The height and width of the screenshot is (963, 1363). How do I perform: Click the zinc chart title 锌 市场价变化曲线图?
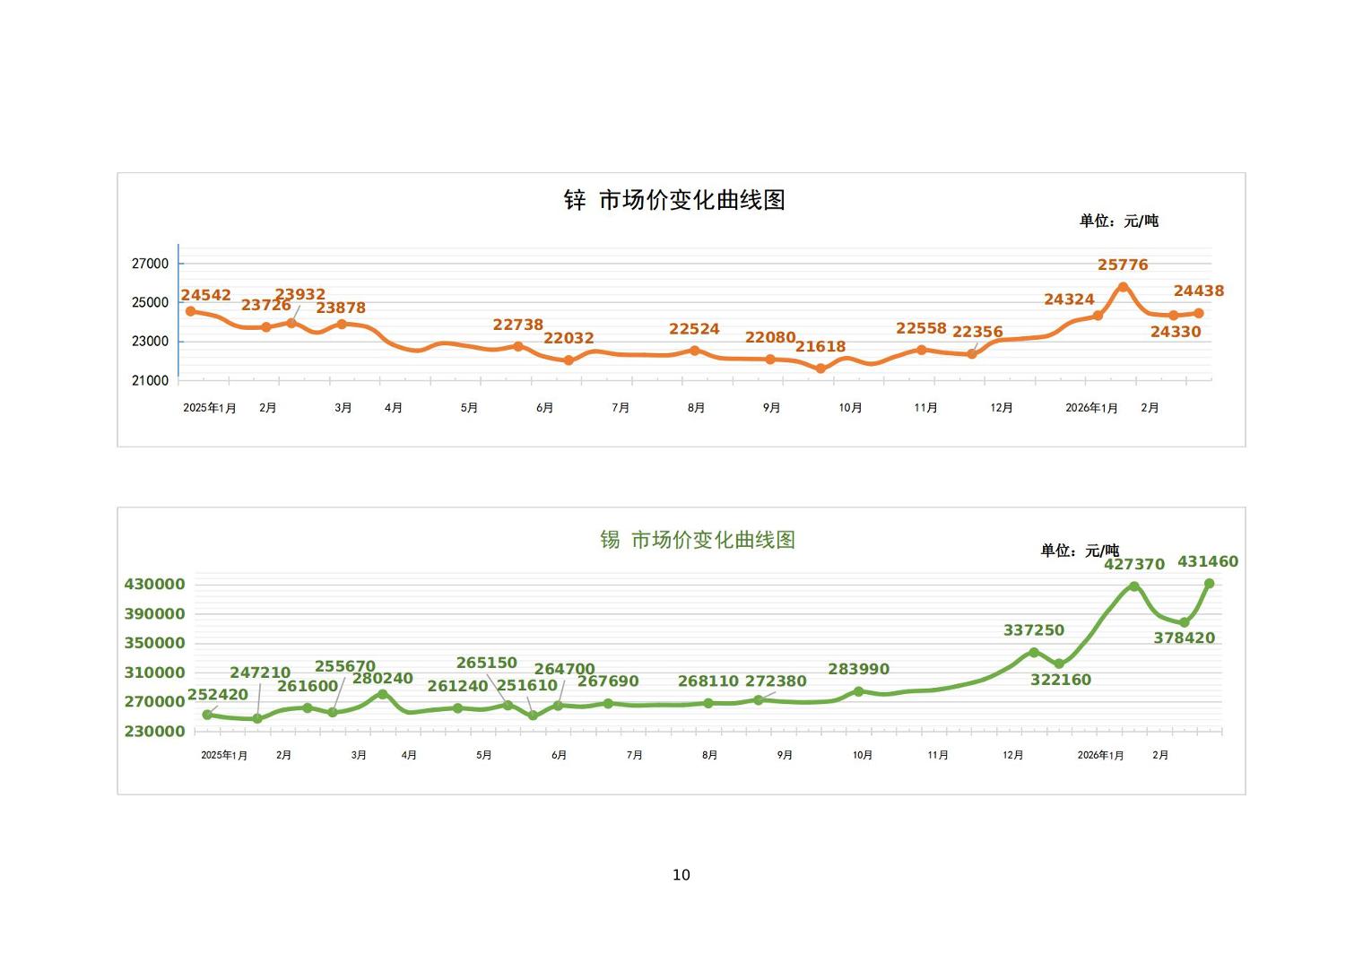coord(674,200)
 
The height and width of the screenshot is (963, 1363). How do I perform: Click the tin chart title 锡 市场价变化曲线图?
coord(698,540)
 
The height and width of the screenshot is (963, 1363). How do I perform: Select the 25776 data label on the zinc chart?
coord(1123,265)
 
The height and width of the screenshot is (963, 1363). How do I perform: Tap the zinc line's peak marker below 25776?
coord(1123,287)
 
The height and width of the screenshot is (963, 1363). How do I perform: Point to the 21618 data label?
coord(820,347)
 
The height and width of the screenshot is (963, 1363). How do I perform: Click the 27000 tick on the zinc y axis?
coord(150,264)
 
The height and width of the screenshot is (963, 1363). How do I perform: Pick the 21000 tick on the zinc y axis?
coord(150,381)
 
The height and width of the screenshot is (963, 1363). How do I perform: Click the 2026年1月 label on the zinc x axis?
coord(1091,408)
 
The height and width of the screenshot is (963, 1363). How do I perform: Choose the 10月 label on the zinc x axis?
coord(850,408)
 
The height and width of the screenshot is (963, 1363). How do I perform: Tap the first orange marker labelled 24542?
coord(190,311)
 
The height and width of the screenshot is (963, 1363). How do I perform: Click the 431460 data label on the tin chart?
coord(1207,562)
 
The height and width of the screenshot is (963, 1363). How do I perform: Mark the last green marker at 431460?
coord(1209,584)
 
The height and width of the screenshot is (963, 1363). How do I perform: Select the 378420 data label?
coord(1184,638)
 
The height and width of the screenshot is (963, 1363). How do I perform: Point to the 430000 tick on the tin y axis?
coord(154,585)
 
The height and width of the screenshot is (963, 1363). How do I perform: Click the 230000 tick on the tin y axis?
coord(154,732)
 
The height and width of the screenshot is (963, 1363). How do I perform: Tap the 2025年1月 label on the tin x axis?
coord(223,756)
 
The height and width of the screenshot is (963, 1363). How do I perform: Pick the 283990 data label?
coord(858,670)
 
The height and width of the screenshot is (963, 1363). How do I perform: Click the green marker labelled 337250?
coord(1034,653)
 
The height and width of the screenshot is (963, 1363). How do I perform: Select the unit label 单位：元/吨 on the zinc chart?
coord(1118,221)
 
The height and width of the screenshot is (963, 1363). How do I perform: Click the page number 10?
coord(681,875)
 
